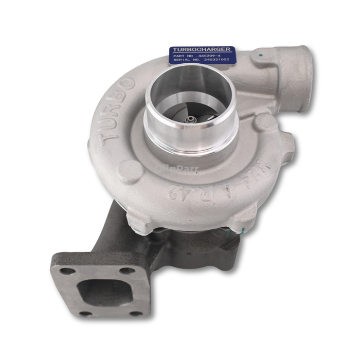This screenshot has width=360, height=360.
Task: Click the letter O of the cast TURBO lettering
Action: [x=127, y=82]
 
